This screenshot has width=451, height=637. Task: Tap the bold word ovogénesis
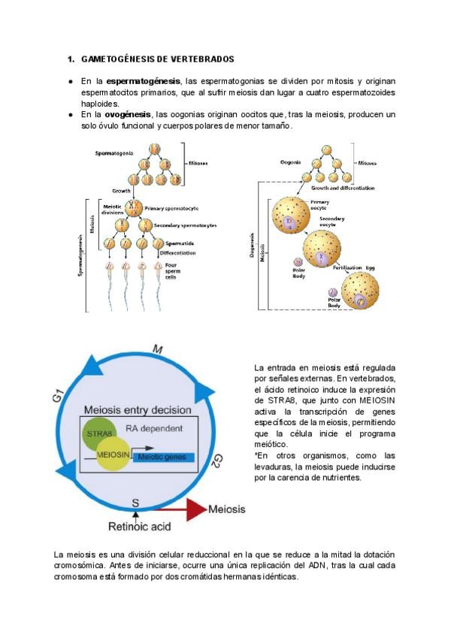[x=127, y=114]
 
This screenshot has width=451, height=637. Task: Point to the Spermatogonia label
[x=114, y=152]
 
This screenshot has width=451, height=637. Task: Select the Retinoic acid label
[x=135, y=527]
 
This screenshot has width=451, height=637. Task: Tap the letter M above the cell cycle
[x=157, y=350]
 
